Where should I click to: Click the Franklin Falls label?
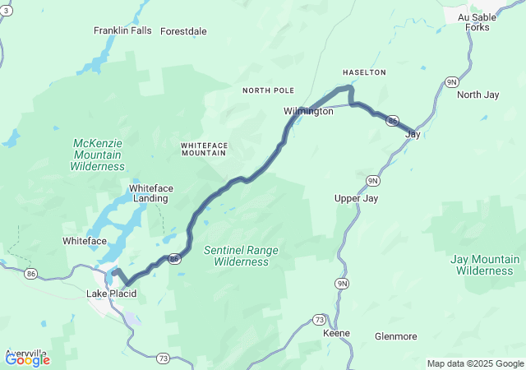click(x=122, y=31)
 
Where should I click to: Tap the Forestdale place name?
click(x=183, y=31)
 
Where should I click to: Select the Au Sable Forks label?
click(x=473, y=22)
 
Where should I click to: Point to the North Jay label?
click(x=478, y=95)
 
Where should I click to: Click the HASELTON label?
click(x=364, y=72)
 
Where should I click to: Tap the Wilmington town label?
click(x=308, y=111)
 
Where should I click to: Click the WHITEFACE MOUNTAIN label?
click(x=205, y=149)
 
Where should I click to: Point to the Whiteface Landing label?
click(x=149, y=192)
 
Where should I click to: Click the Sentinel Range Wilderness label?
click(x=241, y=256)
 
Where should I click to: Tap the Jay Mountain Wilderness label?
click(x=485, y=265)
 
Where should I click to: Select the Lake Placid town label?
click(x=111, y=294)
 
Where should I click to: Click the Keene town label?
click(x=336, y=333)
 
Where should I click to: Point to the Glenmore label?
click(x=395, y=336)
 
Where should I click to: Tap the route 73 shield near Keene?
click(x=319, y=319)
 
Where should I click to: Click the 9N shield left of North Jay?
click(x=451, y=81)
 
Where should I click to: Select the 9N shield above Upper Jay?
click(x=372, y=180)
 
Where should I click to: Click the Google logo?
click(x=27, y=359)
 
